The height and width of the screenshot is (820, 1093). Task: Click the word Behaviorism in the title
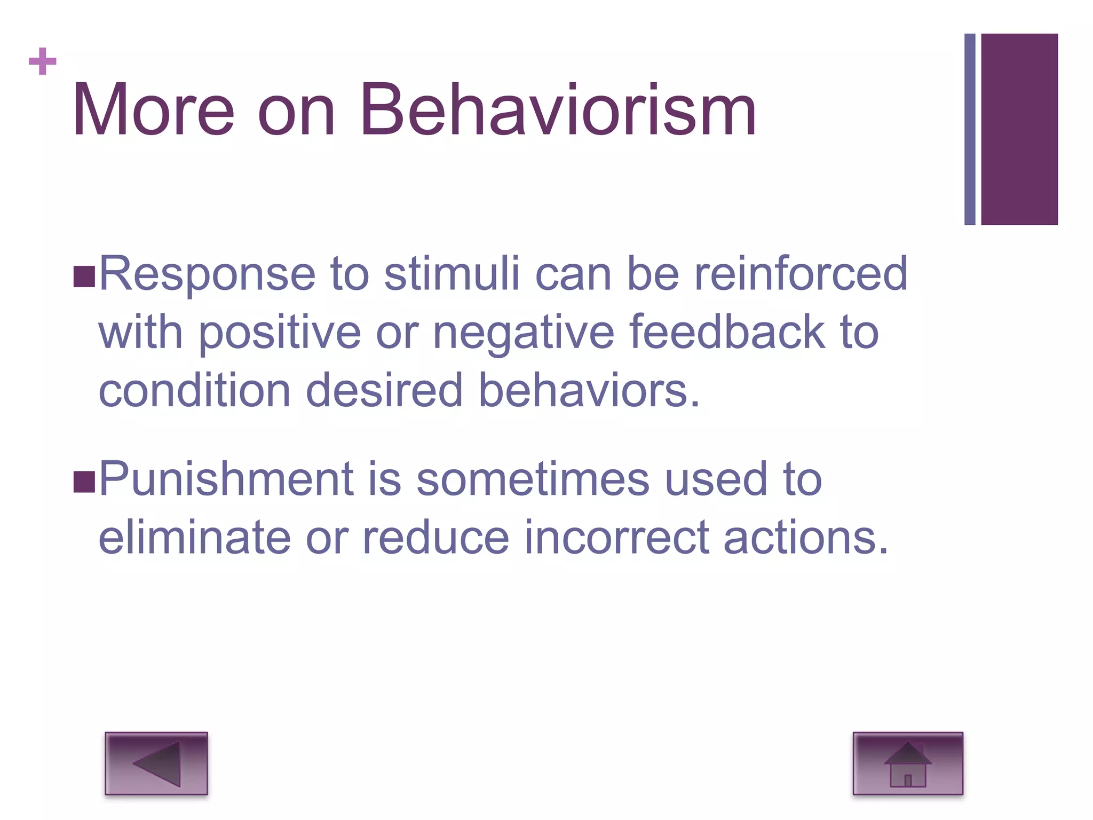pos(558,111)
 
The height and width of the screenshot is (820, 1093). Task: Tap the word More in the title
pos(153,111)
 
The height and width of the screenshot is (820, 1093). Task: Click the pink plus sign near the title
pos(43,61)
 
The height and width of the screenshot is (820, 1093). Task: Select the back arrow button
pos(156,763)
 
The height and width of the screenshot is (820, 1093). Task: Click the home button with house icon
pos(908,763)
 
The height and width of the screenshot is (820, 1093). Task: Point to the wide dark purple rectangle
pos(1019,129)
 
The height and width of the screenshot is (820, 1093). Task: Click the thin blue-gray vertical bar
pos(970,129)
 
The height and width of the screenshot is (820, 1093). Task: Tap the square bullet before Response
pos(84,277)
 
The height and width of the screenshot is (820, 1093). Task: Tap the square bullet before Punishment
pos(84,482)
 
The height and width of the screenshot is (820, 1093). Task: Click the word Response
pos(207,274)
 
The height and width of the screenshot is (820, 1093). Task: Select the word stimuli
pos(452,273)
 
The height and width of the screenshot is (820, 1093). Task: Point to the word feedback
pos(727,332)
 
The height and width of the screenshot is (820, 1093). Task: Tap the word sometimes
pos(533,479)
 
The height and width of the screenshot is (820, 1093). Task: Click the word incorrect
pos(616,538)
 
